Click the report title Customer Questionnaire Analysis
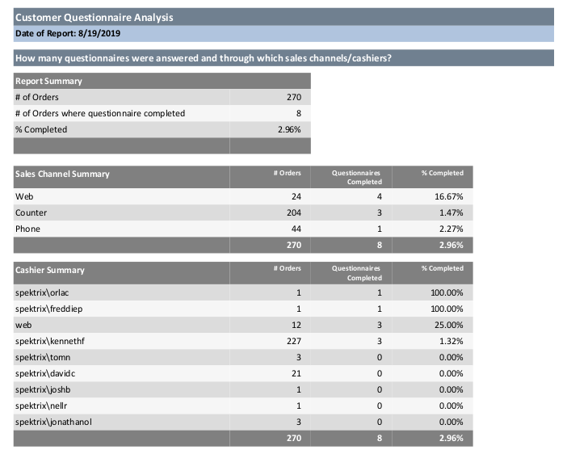tap(94, 17)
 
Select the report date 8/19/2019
tap(99, 33)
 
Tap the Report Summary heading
tap(48, 81)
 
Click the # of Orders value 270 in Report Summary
tap(294, 97)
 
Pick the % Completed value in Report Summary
tap(289, 129)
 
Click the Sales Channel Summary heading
tap(62, 174)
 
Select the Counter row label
tap(31, 212)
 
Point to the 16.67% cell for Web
tap(448, 196)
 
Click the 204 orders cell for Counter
tap(294, 212)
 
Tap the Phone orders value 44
tap(296, 229)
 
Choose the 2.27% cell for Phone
tap(451, 229)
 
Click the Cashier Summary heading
tap(49, 270)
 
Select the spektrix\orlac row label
tap(42, 292)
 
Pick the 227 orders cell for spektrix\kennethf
tap(294, 341)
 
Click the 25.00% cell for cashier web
tap(448, 325)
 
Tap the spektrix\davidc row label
tap(45, 373)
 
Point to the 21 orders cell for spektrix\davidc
tap(296, 373)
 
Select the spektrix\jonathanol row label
tap(53, 422)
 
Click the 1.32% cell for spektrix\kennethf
tap(451, 341)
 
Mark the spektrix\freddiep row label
tap(48, 309)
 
